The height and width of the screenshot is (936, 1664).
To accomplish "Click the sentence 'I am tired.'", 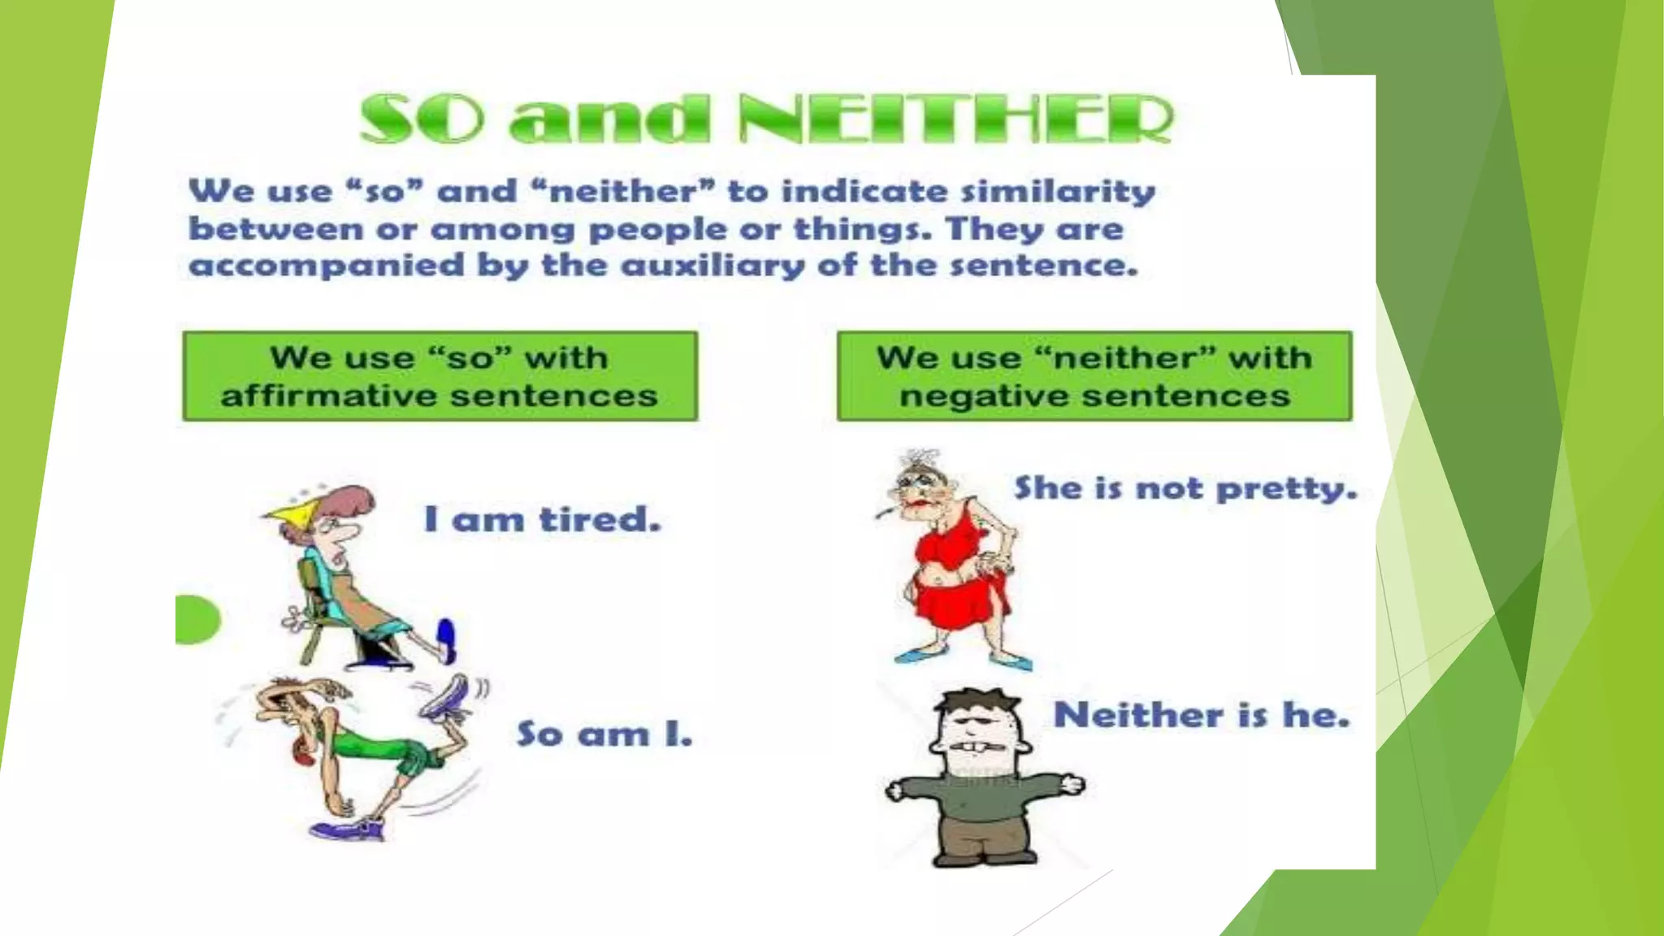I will tap(542, 520).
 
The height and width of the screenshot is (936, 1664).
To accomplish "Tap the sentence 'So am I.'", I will tap(604, 734).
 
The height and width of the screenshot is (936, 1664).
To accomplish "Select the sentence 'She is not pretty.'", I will tap(1185, 488).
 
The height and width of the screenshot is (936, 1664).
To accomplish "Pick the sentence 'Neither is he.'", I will tap(1201, 716).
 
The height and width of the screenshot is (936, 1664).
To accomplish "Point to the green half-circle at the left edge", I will tap(195, 620).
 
